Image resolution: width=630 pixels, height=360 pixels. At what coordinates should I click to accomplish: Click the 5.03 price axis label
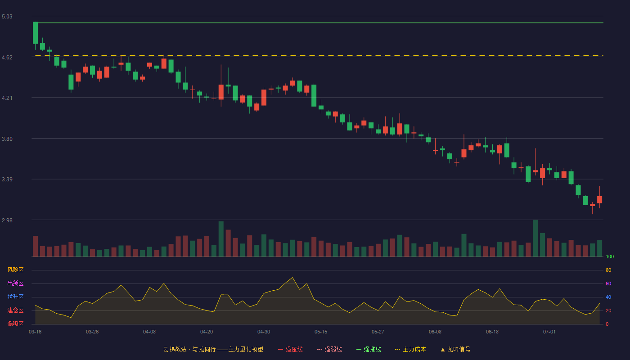tap(7, 17)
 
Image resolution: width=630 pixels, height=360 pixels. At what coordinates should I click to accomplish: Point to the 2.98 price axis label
tap(7, 220)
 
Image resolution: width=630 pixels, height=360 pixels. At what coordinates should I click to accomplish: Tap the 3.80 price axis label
tap(7, 139)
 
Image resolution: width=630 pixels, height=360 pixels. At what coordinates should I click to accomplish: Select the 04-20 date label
tap(207, 332)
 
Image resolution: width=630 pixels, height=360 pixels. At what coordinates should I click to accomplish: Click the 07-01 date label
tap(549, 332)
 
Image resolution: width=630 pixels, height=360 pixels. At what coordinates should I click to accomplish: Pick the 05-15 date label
tap(321, 332)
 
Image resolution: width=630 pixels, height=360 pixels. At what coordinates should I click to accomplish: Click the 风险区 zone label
tap(15, 270)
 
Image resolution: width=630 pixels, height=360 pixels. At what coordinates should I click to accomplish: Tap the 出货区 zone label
tap(15, 283)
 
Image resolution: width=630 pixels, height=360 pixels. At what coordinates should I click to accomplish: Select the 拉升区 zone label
tap(15, 297)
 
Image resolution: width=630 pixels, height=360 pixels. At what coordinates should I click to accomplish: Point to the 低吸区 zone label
tap(15, 324)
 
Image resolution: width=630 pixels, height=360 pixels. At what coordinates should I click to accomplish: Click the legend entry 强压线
tap(290, 349)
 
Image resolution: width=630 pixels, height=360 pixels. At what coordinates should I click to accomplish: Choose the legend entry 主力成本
tap(410, 349)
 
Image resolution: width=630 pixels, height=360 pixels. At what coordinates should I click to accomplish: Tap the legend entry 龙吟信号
tap(455, 349)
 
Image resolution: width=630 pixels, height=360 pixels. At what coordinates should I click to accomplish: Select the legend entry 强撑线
tap(369, 349)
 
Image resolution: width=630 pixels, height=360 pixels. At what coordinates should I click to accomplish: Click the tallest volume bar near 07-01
tap(535, 238)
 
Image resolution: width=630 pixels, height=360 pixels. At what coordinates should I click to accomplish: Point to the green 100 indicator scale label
tap(610, 256)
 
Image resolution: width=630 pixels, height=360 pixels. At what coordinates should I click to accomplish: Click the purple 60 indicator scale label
tap(608, 283)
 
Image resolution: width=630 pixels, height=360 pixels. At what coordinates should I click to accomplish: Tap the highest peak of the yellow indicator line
tap(292, 278)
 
